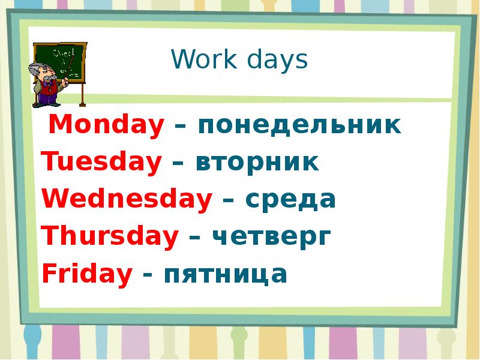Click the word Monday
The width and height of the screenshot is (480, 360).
(106, 125)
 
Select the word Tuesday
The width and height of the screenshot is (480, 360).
(101, 163)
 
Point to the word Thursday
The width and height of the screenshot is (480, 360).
(110, 237)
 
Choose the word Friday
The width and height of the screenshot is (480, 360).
(87, 274)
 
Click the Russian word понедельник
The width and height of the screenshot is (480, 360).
(299, 125)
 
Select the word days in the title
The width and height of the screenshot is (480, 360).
(273, 60)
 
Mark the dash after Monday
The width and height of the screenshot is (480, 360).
(180, 127)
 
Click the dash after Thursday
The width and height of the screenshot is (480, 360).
(195, 238)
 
